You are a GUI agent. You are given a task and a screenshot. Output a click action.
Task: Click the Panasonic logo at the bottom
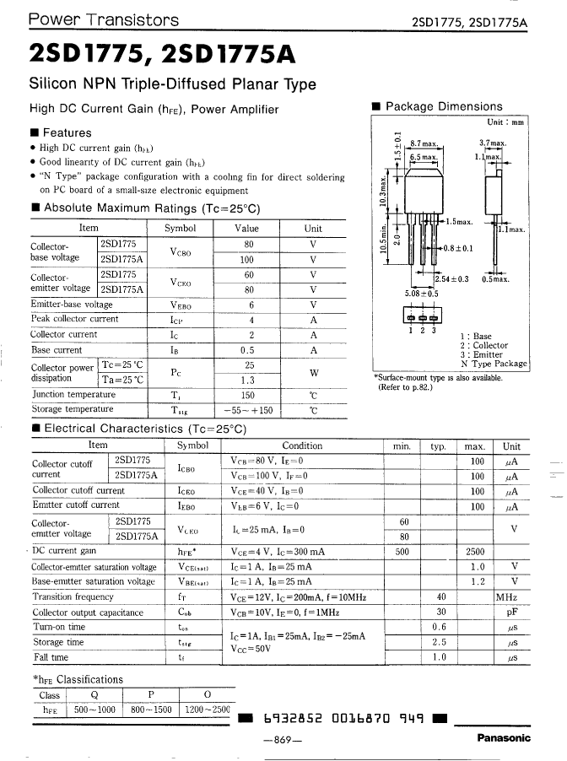(x=504, y=738)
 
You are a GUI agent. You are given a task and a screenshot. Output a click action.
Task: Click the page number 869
(x=282, y=740)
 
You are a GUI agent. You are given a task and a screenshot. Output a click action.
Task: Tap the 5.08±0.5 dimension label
(x=422, y=294)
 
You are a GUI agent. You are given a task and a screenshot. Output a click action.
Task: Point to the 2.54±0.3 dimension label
(x=451, y=278)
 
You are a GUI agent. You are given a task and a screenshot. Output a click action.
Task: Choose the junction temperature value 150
(x=248, y=395)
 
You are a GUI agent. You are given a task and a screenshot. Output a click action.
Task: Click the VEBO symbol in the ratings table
(x=179, y=305)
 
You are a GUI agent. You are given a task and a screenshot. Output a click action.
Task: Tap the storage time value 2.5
(x=439, y=642)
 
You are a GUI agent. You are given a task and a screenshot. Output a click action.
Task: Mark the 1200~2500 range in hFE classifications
(x=207, y=710)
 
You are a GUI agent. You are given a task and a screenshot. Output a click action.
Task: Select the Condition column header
(x=301, y=445)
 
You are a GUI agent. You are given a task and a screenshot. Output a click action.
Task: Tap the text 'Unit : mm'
(x=505, y=122)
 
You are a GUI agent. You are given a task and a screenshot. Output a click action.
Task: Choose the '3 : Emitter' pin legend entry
(x=484, y=354)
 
